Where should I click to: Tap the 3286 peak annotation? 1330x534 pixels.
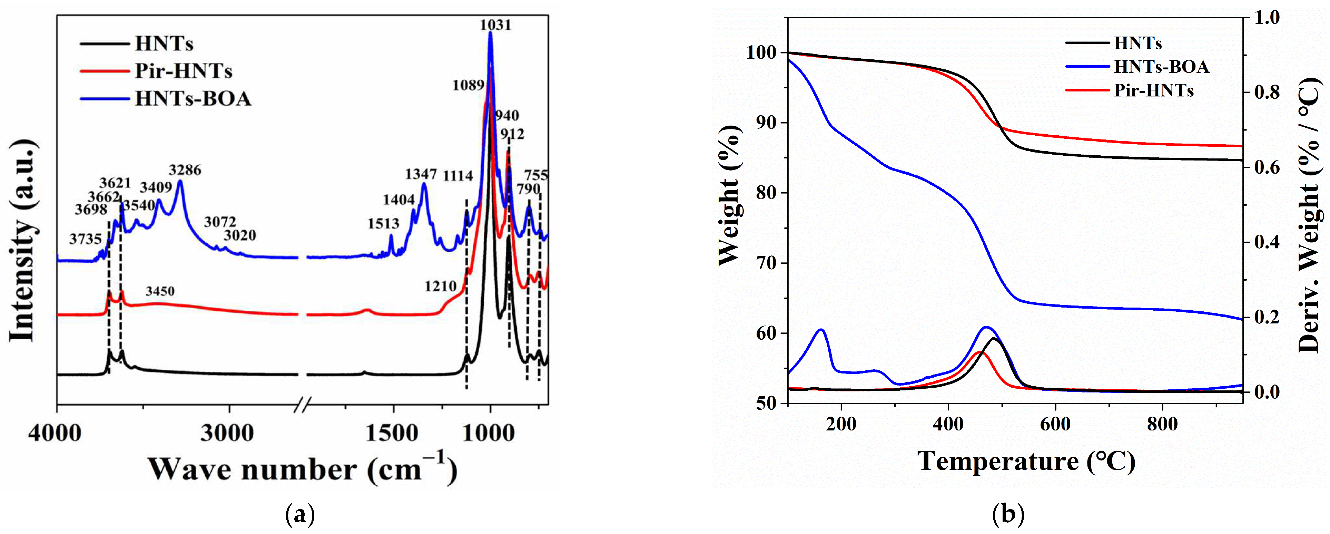pos(185,170)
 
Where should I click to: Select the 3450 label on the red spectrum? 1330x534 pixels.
pos(160,291)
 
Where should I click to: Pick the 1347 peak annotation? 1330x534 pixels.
pos(421,174)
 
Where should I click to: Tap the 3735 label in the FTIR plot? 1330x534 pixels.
pos(85,239)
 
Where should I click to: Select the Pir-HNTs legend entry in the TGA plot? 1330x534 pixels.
pos(1153,91)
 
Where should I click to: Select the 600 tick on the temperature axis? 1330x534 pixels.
pos(1055,425)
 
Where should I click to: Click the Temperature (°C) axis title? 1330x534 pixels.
pos(1026,461)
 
